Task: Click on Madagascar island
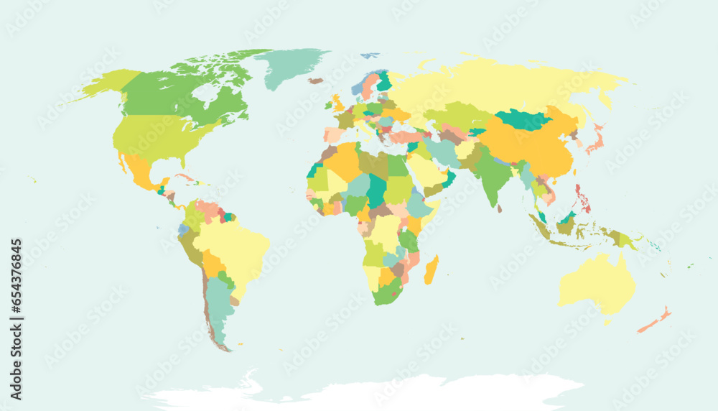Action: coord(432,272)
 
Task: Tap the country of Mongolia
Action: coord(523,120)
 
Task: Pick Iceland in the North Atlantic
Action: coord(316,80)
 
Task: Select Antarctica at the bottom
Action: coord(359,392)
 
